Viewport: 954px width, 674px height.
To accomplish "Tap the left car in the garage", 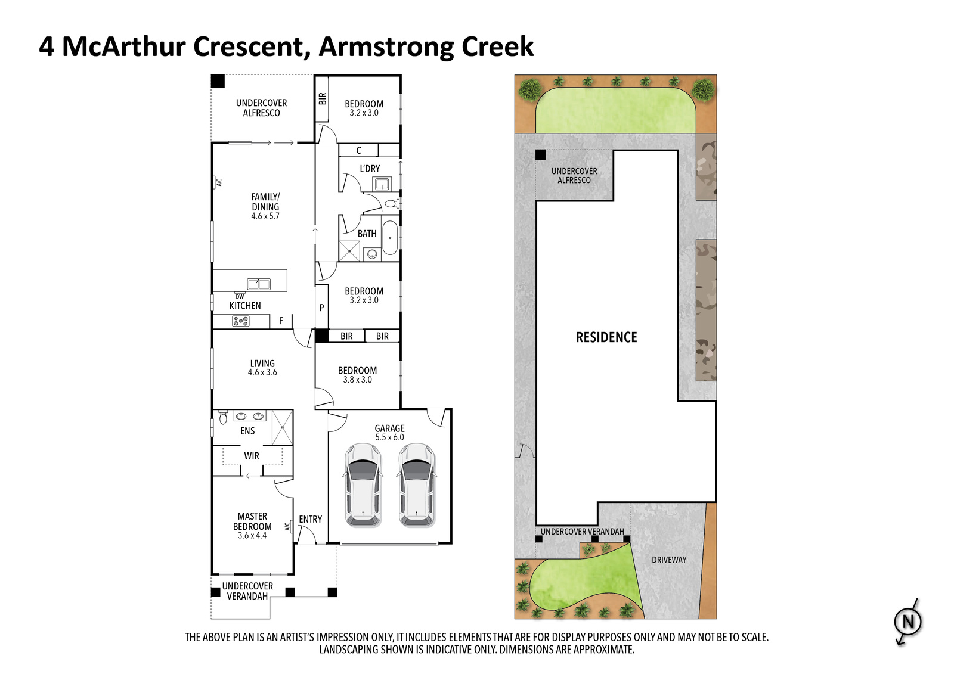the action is [x=363, y=485].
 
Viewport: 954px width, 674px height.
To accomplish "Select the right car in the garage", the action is [x=417, y=485].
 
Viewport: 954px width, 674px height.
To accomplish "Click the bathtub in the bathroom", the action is [x=390, y=238].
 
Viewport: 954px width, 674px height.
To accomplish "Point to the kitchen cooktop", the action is [x=241, y=321].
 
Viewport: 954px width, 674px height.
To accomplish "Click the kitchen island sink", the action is [x=259, y=284].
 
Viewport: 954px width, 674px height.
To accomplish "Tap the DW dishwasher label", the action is [x=240, y=296].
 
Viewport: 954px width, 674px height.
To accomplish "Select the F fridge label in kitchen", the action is [x=281, y=321].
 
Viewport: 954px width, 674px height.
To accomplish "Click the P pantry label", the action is [x=321, y=308].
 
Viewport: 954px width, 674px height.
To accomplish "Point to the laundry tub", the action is [x=381, y=184].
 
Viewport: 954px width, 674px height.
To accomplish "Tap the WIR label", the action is [x=252, y=456].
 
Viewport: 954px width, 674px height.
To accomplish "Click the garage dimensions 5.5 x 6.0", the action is [x=390, y=437].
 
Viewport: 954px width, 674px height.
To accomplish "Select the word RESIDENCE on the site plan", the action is [x=606, y=337].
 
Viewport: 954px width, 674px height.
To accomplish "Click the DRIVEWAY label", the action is [x=669, y=560].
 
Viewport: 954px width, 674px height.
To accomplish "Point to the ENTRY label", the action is [x=311, y=520].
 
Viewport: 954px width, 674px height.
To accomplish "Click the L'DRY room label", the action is [x=370, y=169].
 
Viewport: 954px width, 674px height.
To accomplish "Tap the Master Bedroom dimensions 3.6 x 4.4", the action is [x=252, y=535].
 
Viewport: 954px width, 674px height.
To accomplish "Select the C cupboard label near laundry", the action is [x=358, y=150].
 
